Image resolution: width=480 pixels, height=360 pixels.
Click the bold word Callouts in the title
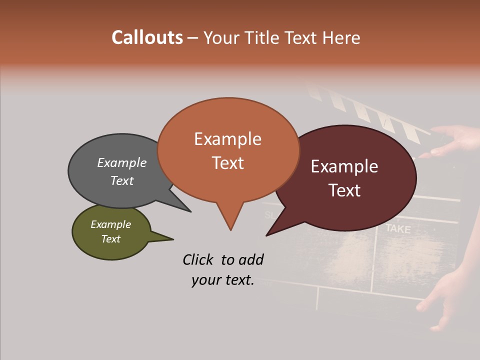pos(147,37)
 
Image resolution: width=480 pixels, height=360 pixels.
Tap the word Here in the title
pos(341,37)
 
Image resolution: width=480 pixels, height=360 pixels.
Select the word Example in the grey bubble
pos(122,162)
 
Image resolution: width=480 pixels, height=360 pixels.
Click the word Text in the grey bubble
pos(122,180)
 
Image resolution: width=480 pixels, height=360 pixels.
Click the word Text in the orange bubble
pos(228,162)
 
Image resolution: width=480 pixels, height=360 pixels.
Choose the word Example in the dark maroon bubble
pos(344,166)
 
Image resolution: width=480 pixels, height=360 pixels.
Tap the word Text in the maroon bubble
pos(344,190)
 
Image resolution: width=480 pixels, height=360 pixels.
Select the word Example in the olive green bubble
pos(111,224)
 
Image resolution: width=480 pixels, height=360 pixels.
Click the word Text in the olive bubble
pos(111,238)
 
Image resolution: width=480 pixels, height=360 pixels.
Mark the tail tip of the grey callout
pos(190,211)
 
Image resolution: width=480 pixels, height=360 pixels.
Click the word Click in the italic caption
pos(198,259)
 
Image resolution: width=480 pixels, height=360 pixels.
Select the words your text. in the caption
pos(223,280)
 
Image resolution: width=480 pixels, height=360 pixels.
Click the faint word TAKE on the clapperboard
pos(398,229)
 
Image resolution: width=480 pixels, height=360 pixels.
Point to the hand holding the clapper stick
pos(455,140)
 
